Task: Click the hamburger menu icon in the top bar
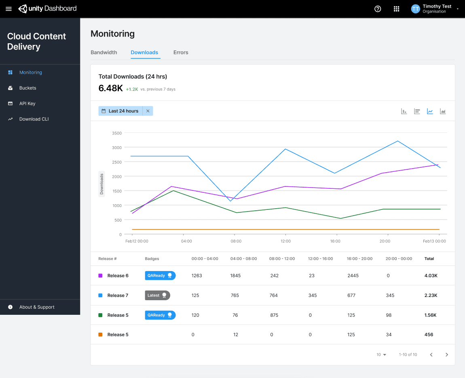coord(8,9)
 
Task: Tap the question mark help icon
coord(378,9)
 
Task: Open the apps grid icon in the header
coord(396,9)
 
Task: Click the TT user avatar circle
coord(415,9)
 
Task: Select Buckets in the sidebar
coord(27,88)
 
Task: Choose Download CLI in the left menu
coord(34,119)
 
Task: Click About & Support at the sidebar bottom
coord(37,307)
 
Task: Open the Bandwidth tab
coord(104,52)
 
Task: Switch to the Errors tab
coord(181,52)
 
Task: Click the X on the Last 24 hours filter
coord(148,111)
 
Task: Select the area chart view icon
coord(443,111)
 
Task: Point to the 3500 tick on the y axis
coord(116,133)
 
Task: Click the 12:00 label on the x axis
coord(285,241)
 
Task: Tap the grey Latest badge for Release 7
coord(157,295)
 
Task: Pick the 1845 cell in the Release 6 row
coord(235,275)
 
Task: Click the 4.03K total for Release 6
coord(431,275)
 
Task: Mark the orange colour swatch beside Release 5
coord(100,335)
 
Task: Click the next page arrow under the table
coord(447,355)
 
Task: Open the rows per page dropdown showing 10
coord(381,355)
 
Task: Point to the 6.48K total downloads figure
coord(111,88)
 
